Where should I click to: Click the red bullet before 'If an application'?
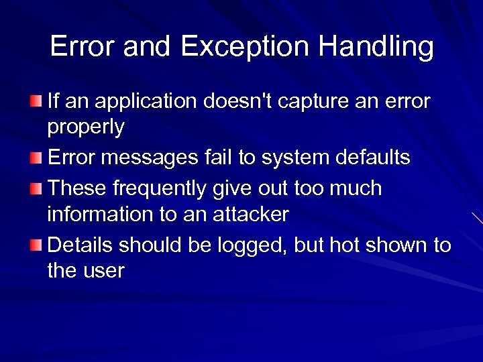[x=36, y=101]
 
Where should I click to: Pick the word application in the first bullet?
[x=143, y=101]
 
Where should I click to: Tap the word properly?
[x=85, y=127]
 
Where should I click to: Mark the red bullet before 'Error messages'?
[x=36, y=159]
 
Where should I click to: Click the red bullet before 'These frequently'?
[x=36, y=188]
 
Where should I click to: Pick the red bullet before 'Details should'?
[x=36, y=246]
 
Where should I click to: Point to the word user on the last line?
[x=103, y=271]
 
